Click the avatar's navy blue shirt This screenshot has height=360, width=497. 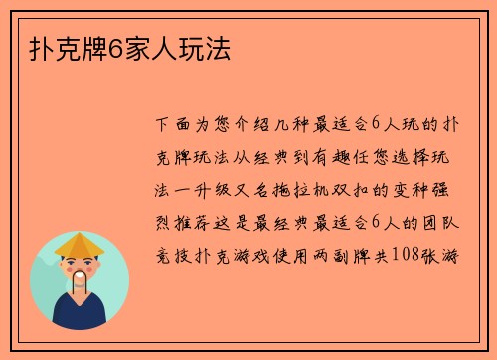80,315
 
